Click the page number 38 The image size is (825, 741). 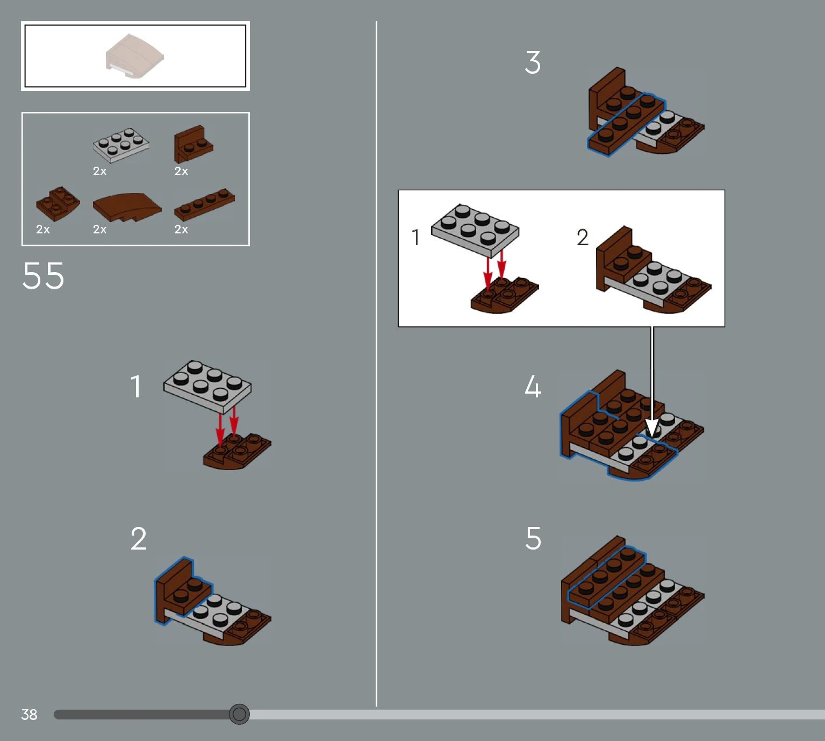coord(29,715)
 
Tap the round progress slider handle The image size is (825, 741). coord(239,714)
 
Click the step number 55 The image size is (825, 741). coord(43,276)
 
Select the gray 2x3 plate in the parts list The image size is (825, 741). coord(121,145)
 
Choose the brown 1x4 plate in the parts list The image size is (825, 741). coord(204,204)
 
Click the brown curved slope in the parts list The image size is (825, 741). coord(127,207)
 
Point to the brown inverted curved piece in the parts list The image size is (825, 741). coord(58,204)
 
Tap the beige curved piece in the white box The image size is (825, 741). coord(134,56)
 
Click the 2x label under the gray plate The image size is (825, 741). coord(100,171)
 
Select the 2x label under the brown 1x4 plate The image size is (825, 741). coord(181,230)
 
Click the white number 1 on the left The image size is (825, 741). coord(136,386)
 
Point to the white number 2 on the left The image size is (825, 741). coord(139,538)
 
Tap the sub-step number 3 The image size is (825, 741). coord(533,62)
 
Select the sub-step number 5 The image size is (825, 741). coord(534,538)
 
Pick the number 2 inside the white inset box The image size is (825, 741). coord(583,238)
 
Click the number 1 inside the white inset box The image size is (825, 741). coord(416,238)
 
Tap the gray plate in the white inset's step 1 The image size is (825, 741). coord(475,230)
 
